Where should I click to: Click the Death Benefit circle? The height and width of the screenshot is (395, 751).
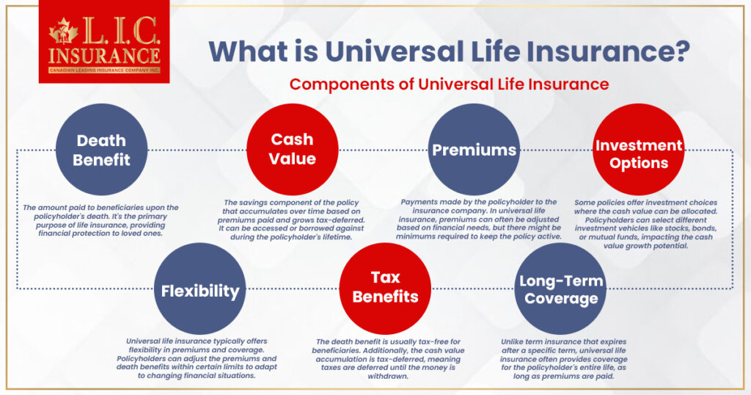coord(101,150)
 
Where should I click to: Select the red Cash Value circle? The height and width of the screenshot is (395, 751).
coord(292,150)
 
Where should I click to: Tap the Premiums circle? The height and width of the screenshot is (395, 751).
coord(474,150)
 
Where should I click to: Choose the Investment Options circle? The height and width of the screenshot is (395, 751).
coord(639,150)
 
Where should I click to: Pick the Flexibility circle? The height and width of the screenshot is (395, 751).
coord(200,289)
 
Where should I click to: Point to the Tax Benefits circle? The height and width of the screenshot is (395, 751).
coord(385,289)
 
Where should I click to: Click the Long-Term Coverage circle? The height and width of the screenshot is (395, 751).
coord(561,289)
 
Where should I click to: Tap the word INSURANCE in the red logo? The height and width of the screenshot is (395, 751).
coord(104,56)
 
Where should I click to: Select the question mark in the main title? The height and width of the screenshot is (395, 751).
coord(682,51)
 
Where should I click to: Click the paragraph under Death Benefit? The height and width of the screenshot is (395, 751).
coord(100,220)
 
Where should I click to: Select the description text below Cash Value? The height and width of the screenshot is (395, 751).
coord(291,220)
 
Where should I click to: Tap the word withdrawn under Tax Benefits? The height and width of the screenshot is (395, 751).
coord(388,377)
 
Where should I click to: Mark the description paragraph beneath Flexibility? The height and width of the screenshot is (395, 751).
coord(197,358)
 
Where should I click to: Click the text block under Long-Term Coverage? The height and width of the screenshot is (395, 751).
coord(564,359)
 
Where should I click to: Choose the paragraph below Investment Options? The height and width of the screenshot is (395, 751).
coord(646,225)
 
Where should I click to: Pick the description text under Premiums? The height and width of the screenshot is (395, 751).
coord(478,219)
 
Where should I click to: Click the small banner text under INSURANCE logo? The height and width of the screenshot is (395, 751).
coord(104,70)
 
